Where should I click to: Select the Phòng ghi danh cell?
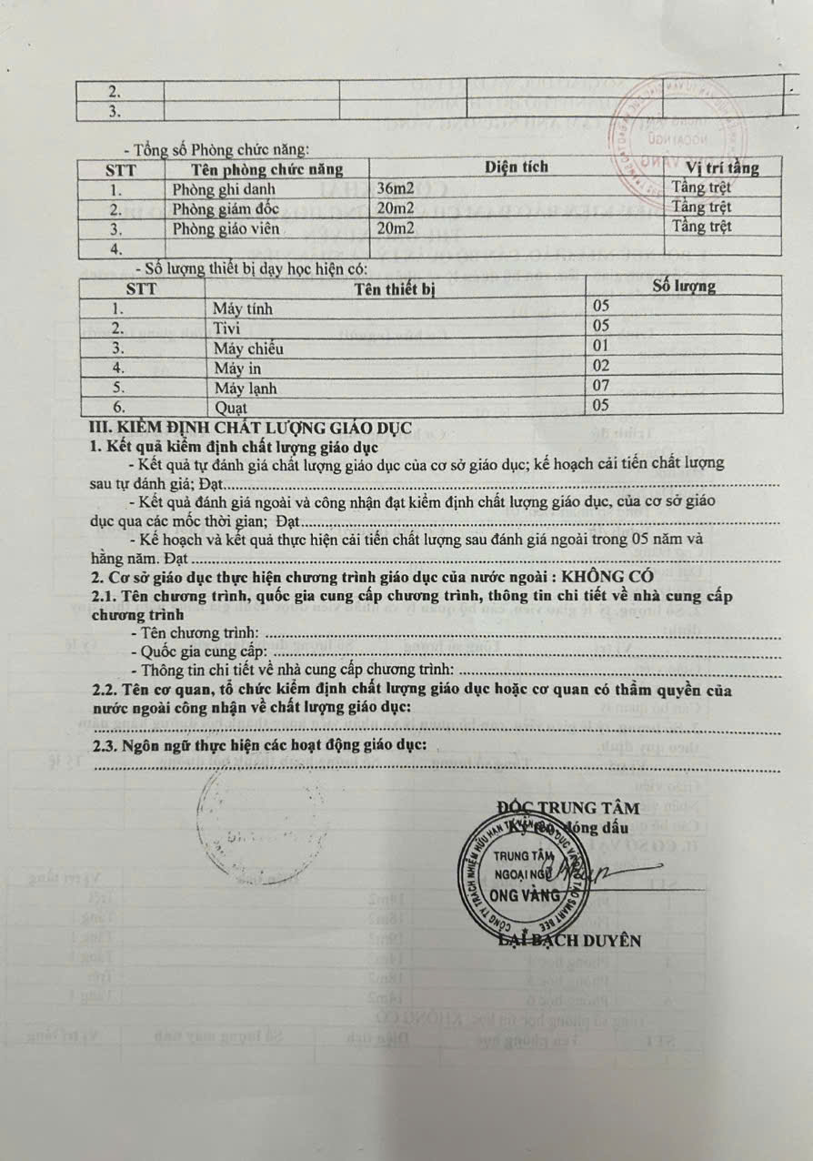[224, 189]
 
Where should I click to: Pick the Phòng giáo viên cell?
[226, 228]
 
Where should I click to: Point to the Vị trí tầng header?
[722, 167]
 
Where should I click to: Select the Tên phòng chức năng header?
[266, 169]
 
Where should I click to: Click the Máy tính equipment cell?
[243, 308]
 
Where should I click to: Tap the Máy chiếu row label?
[248, 348]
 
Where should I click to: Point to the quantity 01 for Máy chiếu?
[600, 347]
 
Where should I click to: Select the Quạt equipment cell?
[231, 407]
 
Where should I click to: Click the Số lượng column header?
[684, 287]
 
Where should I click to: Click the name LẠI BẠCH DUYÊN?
[571, 940]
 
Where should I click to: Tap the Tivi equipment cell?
[226, 328]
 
